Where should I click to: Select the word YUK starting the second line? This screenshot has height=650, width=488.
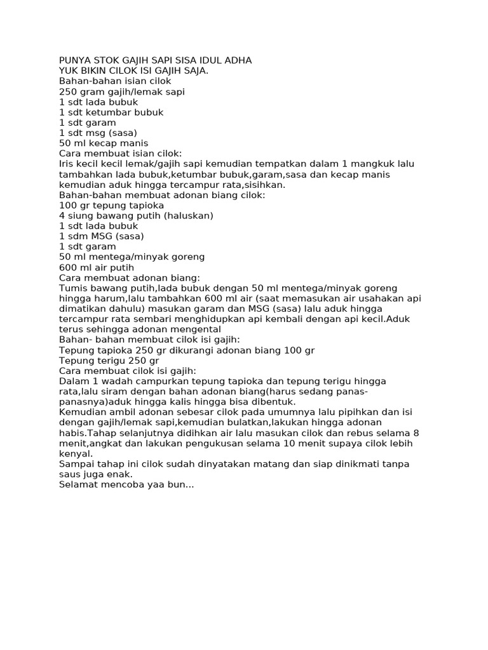(x=69, y=71)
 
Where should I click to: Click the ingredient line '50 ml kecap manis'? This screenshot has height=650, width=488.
(x=103, y=143)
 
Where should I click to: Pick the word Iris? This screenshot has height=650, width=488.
(x=67, y=164)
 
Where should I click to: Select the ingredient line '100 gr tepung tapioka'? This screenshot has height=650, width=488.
(x=111, y=205)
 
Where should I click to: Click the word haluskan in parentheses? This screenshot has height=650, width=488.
(x=188, y=216)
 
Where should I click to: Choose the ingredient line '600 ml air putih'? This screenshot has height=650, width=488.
(x=97, y=267)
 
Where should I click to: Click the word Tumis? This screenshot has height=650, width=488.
(x=73, y=288)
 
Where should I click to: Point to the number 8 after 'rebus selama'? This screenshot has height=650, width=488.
(x=416, y=433)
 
